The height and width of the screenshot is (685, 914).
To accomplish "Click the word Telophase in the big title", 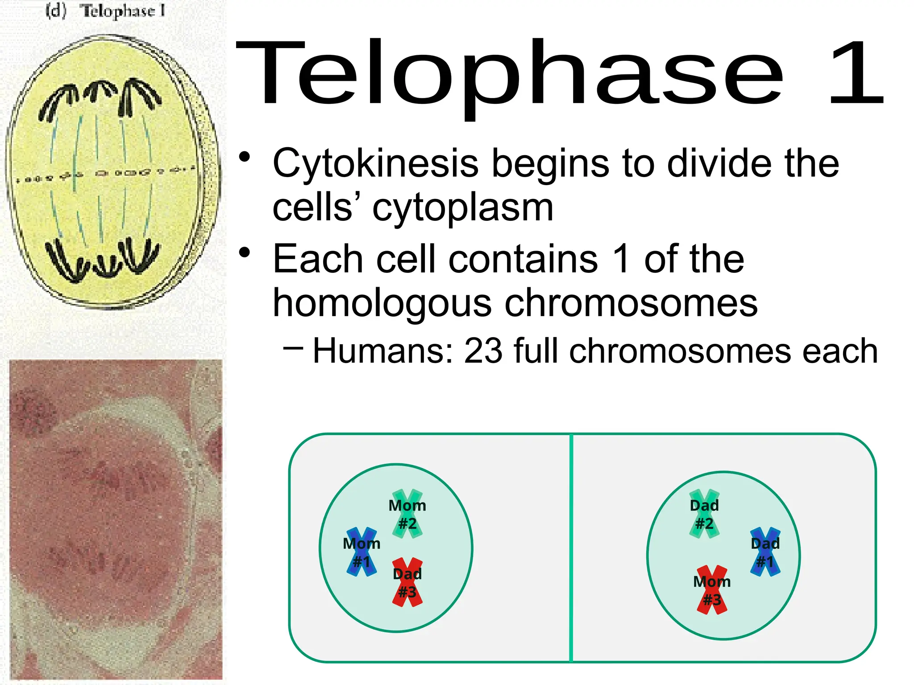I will point(509,74).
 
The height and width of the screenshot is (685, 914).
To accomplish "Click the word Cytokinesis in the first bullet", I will point(375,164).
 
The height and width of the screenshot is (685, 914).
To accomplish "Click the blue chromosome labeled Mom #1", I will point(361,552).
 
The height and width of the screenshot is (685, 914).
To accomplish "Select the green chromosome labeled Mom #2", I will point(407,514).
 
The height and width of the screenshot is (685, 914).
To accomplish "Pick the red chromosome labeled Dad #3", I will point(407,582).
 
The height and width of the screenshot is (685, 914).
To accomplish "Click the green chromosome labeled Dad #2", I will point(704,514).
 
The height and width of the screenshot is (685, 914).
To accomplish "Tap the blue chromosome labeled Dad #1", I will point(765,552).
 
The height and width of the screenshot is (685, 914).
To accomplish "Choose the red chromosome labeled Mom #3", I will point(712,590).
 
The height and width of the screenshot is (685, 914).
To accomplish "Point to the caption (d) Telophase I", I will point(106,11).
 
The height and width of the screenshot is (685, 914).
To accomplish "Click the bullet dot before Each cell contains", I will point(244,253).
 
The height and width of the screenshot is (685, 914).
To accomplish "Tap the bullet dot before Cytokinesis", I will point(244,157).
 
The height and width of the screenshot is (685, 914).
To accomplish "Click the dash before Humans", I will point(293,348).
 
